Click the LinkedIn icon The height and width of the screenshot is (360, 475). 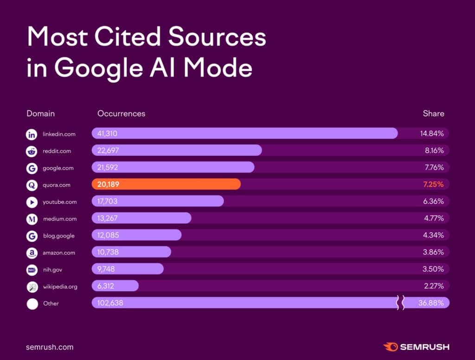32,135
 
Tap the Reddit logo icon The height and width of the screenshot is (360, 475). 32,151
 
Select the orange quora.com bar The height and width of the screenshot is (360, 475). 166,185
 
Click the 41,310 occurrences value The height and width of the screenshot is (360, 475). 107,134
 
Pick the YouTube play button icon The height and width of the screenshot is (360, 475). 32,202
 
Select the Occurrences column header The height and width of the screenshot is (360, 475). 121,113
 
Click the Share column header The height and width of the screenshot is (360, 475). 433,113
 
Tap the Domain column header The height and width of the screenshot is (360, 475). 40,113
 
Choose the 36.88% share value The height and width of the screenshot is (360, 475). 432,303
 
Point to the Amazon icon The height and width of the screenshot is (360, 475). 32,253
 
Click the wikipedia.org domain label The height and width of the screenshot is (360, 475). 60,287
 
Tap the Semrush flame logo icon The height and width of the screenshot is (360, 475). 389,347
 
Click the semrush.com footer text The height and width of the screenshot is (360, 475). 50,347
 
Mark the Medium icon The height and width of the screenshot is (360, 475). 32,219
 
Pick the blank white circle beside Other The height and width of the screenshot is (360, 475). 32,304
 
